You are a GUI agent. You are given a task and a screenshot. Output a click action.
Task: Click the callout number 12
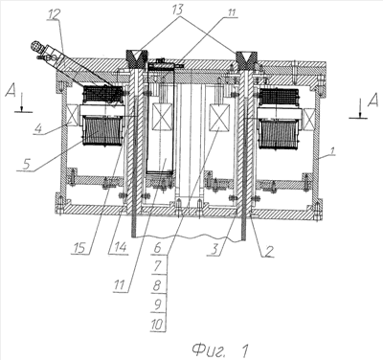(x=55, y=15)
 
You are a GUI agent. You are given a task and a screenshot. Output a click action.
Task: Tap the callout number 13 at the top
(x=177, y=10)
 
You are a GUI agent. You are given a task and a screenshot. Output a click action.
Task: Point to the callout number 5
(x=27, y=164)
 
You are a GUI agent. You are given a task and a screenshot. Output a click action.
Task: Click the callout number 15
(x=80, y=248)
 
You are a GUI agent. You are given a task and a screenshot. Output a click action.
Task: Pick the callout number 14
(x=118, y=247)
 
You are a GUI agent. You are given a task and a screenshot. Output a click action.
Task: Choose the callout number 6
(x=158, y=247)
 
